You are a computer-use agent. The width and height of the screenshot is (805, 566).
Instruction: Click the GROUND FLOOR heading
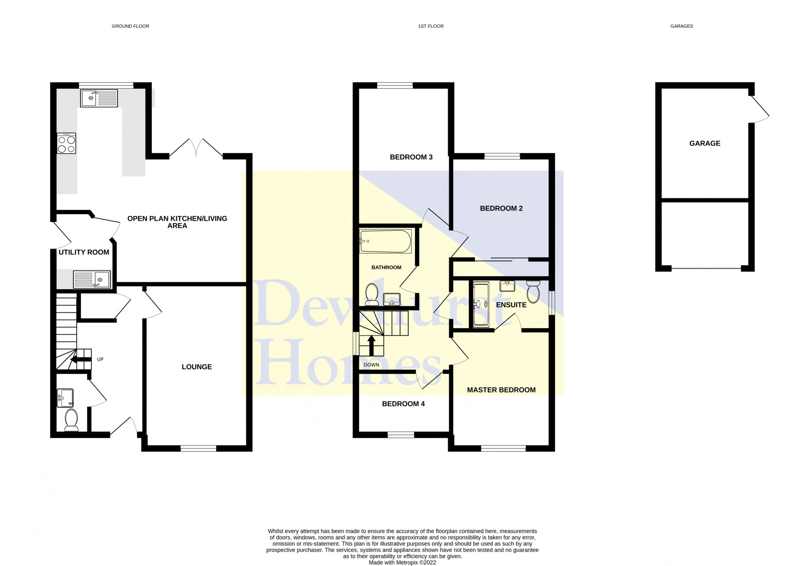pyautogui.click(x=130, y=26)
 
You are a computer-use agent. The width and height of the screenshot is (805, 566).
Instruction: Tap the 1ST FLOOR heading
pyautogui.click(x=431, y=26)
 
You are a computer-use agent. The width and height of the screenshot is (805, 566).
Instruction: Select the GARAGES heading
pyautogui.click(x=681, y=26)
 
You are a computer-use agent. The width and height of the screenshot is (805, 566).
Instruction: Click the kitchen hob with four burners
pyautogui.click(x=66, y=144)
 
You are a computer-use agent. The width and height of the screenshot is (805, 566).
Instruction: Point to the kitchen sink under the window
pyautogui.click(x=99, y=98)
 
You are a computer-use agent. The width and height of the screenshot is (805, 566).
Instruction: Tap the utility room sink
pyautogui.click(x=92, y=279)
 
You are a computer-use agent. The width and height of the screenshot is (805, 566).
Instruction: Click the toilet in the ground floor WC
pyautogui.click(x=72, y=420)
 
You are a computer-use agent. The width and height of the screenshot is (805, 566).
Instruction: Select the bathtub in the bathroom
pyautogui.click(x=386, y=241)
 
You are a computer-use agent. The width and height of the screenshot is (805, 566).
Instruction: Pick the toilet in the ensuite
pyautogui.click(x=533, y=291)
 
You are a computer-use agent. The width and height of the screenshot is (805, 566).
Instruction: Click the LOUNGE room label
pyautogui.click(x=196, y=367)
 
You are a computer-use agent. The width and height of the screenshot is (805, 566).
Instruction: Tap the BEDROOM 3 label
pyautogui.click(x=411, y=157)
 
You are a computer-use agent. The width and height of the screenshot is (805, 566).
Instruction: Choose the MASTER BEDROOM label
pyautogui.click(x=501, y=390)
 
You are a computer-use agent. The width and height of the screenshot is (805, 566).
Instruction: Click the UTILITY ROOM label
pyautogui.click(x=84, y=252)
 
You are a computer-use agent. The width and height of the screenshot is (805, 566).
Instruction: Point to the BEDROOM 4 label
pyautogui.click(x=403, y=404)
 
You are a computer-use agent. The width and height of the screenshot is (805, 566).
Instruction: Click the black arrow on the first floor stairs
pyautogui.click(x=372, y=345)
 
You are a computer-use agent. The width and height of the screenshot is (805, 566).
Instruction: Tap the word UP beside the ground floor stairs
pyautogui.click(x=100, y=359)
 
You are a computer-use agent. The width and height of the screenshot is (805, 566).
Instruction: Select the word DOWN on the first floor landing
pyautogui.click(x=371, y=365)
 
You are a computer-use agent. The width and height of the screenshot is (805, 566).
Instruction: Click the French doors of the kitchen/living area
pyautogui.click(x=196, y=148)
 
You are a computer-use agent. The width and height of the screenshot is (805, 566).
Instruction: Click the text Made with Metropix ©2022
pyautogui.click(x=402, y=562)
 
